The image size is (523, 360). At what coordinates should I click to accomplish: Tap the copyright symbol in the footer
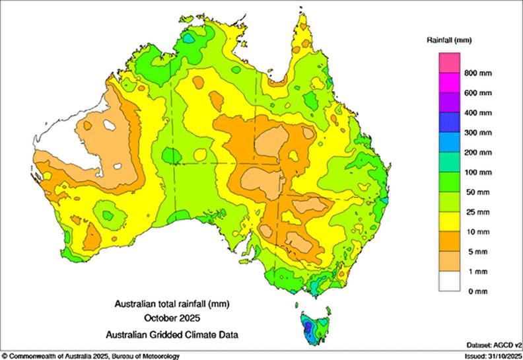point(4,356)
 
